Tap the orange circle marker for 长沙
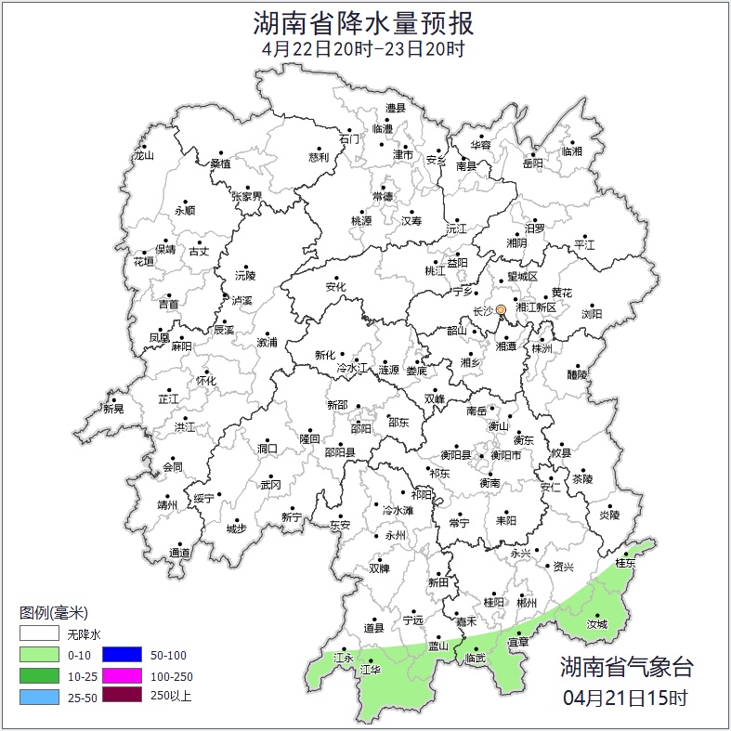point(502,309)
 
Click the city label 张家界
point(247,197)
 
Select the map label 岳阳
point(533,163)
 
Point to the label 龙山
point(143,156)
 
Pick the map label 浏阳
point(592,314)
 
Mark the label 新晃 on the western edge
point(113,409)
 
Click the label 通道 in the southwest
point(179,554)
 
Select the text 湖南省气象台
point(626,666)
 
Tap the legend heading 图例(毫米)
point(54,613)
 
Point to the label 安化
point(335,287)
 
